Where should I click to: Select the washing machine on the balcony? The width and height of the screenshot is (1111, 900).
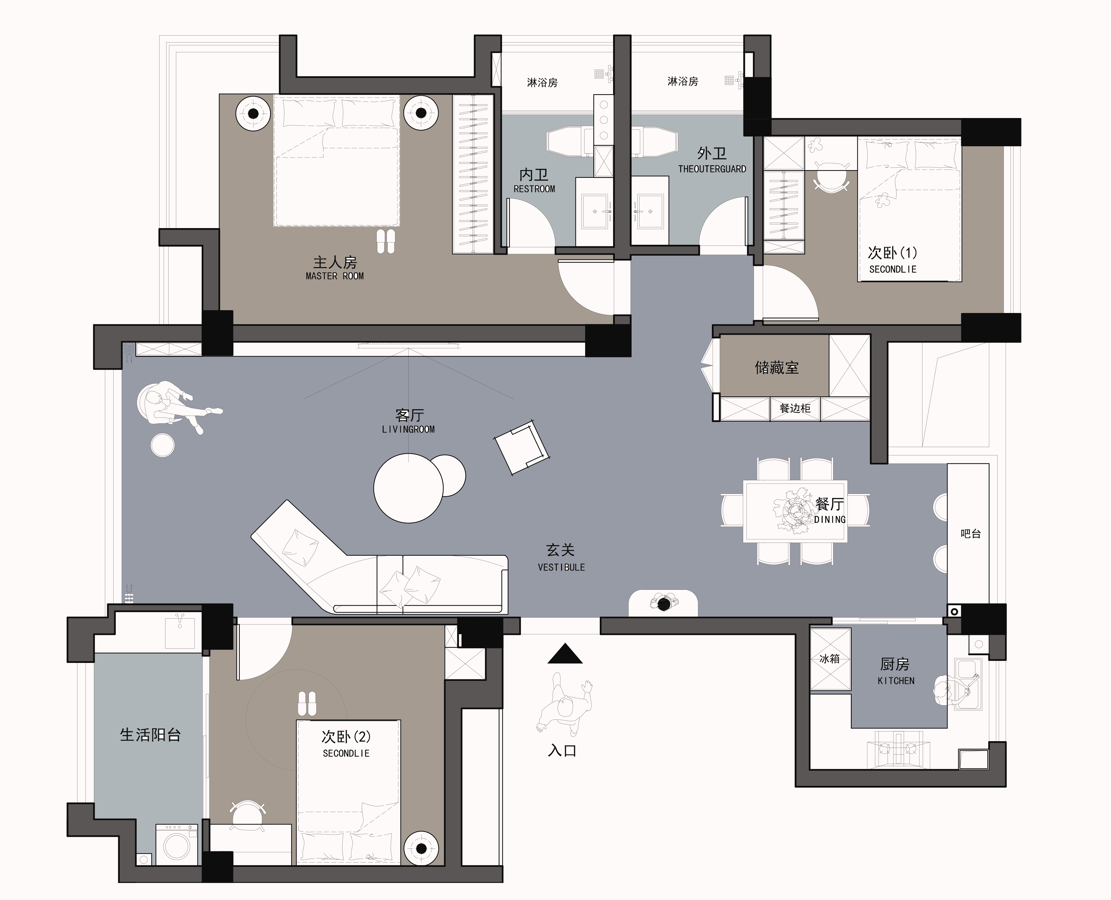(177, 845)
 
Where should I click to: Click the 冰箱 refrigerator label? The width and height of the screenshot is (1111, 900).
(830, 659)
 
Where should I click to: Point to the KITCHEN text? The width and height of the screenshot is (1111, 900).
(896, 681)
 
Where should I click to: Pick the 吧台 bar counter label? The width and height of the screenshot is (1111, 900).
(970, 533)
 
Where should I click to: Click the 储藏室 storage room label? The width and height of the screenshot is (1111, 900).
(776, 368)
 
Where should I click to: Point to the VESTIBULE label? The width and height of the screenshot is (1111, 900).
(562, 568)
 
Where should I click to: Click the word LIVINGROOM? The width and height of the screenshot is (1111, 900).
(409, 429)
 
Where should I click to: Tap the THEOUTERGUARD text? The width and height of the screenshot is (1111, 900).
(712, 169)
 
